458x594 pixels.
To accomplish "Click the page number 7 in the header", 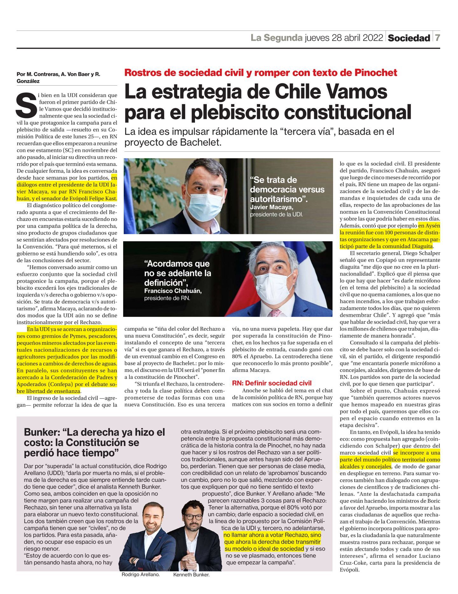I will [438, 38].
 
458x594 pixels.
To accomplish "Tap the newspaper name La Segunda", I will [276, 38].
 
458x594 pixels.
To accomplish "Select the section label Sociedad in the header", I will [409, 38].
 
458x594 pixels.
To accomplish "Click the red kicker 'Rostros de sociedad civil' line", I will [260, 73].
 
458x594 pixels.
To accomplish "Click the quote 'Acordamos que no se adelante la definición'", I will [177, 273].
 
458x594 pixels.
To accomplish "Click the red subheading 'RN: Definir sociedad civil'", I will [272, 383].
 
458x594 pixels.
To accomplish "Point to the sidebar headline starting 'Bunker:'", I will [94, 442].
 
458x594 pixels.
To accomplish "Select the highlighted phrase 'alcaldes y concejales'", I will [365, 466].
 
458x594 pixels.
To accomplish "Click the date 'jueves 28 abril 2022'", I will [343, 38].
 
